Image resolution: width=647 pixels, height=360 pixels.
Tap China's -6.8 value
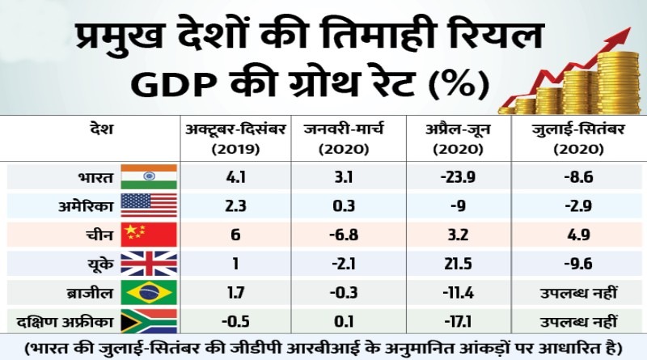pos(335,235)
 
